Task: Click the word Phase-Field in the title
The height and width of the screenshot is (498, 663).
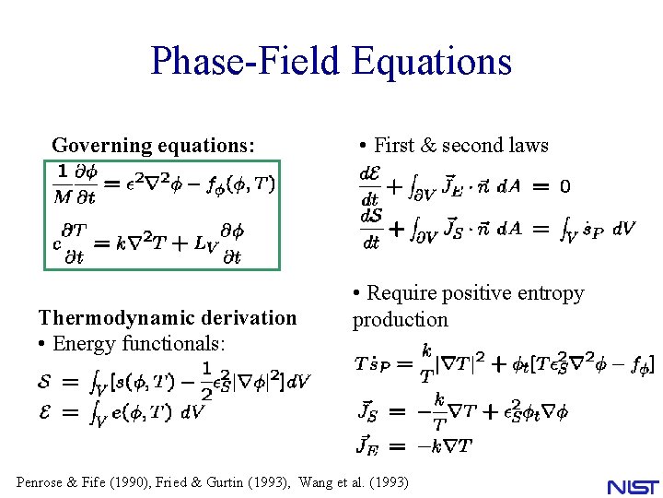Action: pyautogui.click(x=244, y=62)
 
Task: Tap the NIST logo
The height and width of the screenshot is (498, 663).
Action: pyautogui.click(x=634, y=486)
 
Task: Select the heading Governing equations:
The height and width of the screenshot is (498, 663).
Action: pyautogui.click(x=153, y=145)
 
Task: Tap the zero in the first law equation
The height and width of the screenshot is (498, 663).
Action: pyautogui.click(x=564, y=186)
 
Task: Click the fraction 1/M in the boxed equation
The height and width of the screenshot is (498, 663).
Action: pyautogui.click(x=62, y=184)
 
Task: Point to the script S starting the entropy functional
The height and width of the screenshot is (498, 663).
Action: pyautogui.click(x=44, y=380)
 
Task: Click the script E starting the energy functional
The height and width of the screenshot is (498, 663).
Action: pyautogui.click(x=44, y=412)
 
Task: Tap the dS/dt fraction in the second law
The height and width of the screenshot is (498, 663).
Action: pyautogui.click(x=370, y=229)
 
